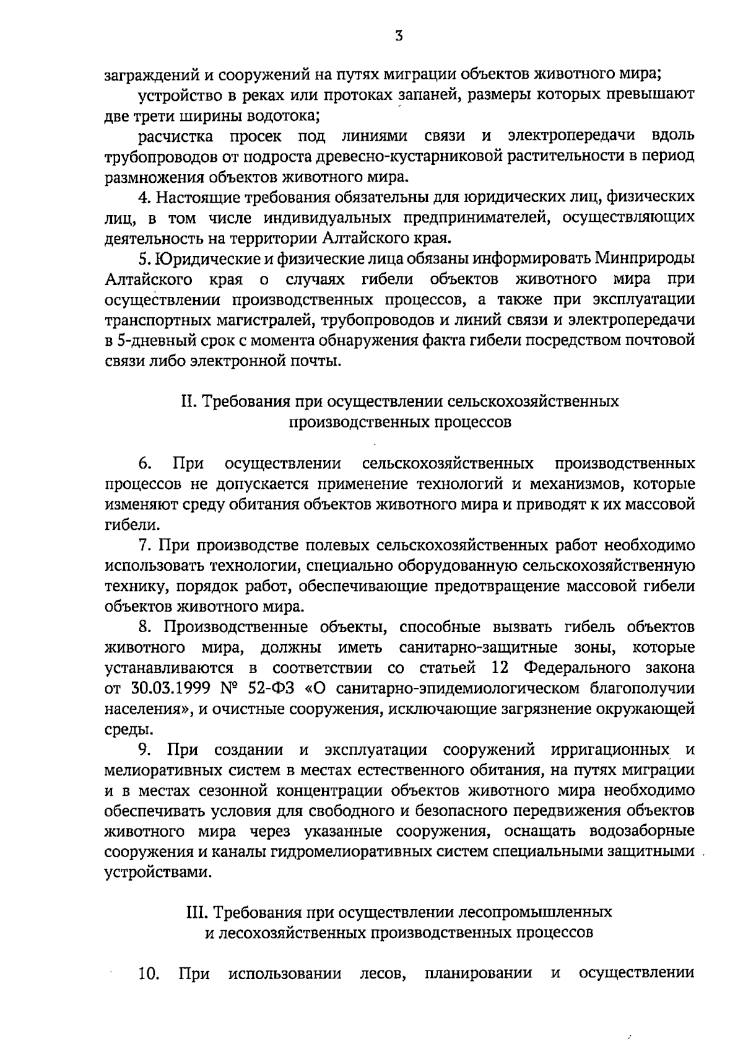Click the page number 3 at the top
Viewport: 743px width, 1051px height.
399,36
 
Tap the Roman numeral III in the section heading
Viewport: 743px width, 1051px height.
197,912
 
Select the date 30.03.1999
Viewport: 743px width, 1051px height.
167,688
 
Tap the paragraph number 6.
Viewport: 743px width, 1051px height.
144,464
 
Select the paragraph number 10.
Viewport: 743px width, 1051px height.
149,974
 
